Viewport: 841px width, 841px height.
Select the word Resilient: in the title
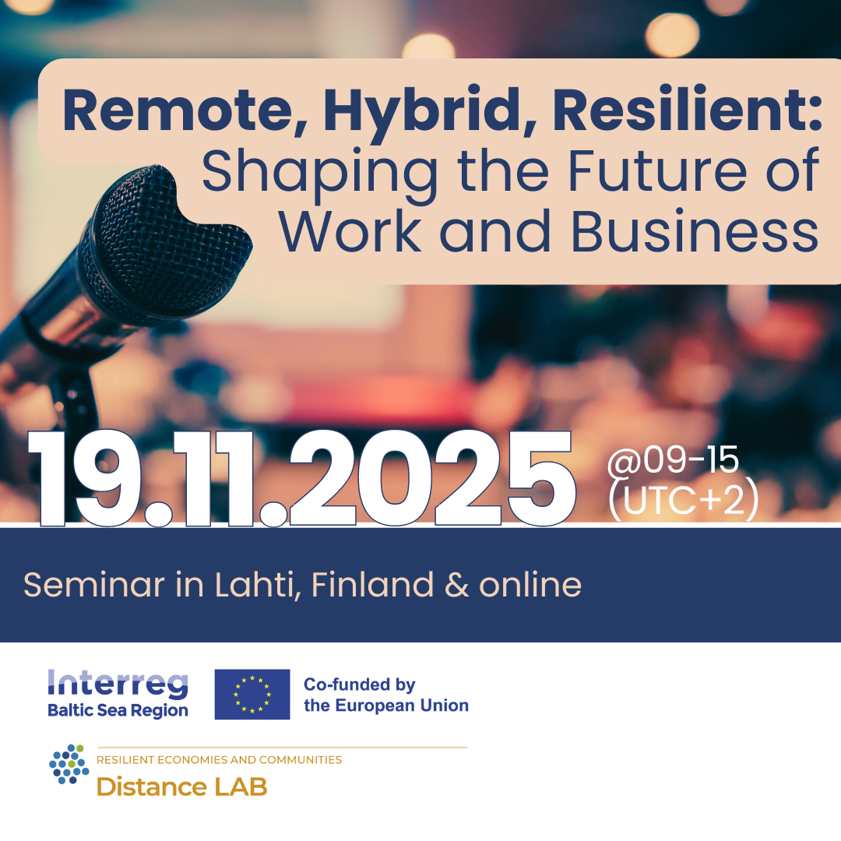[x=687, y=109]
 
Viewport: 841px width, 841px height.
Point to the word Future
[x=657, y=171]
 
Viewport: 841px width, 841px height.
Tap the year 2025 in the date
[x=432, y=478]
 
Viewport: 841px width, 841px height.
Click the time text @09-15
[x=673, y=459]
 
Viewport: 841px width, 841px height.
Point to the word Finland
[x=372, y=584]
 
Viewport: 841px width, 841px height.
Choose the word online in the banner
[x=530, y=584]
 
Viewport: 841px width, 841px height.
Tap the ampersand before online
[x=456, y=585]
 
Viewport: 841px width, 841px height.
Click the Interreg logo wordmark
[x=118, y=684]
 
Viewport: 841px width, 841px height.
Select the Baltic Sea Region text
[x=118, y=710]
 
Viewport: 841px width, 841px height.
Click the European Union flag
[x=252, y=694]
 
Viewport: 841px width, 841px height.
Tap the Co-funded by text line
[x=359, y=685]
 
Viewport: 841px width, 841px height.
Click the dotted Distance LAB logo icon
[x=69, y=764]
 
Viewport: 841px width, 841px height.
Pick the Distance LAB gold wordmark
[x=181, y=786]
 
